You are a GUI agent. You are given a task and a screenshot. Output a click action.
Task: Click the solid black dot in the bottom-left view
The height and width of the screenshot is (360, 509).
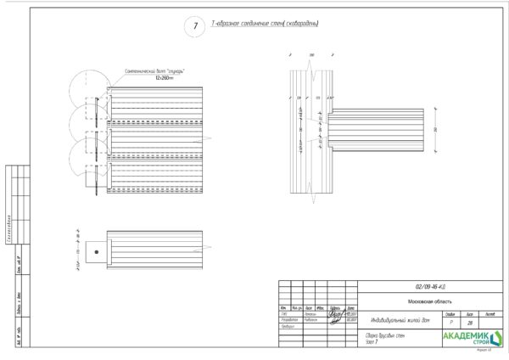(x=98, y=251)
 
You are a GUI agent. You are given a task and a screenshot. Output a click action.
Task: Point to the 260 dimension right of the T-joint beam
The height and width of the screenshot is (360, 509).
(x=434, y=128)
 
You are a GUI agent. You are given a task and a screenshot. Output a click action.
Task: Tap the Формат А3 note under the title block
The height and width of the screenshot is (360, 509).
(x=484, y=350)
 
